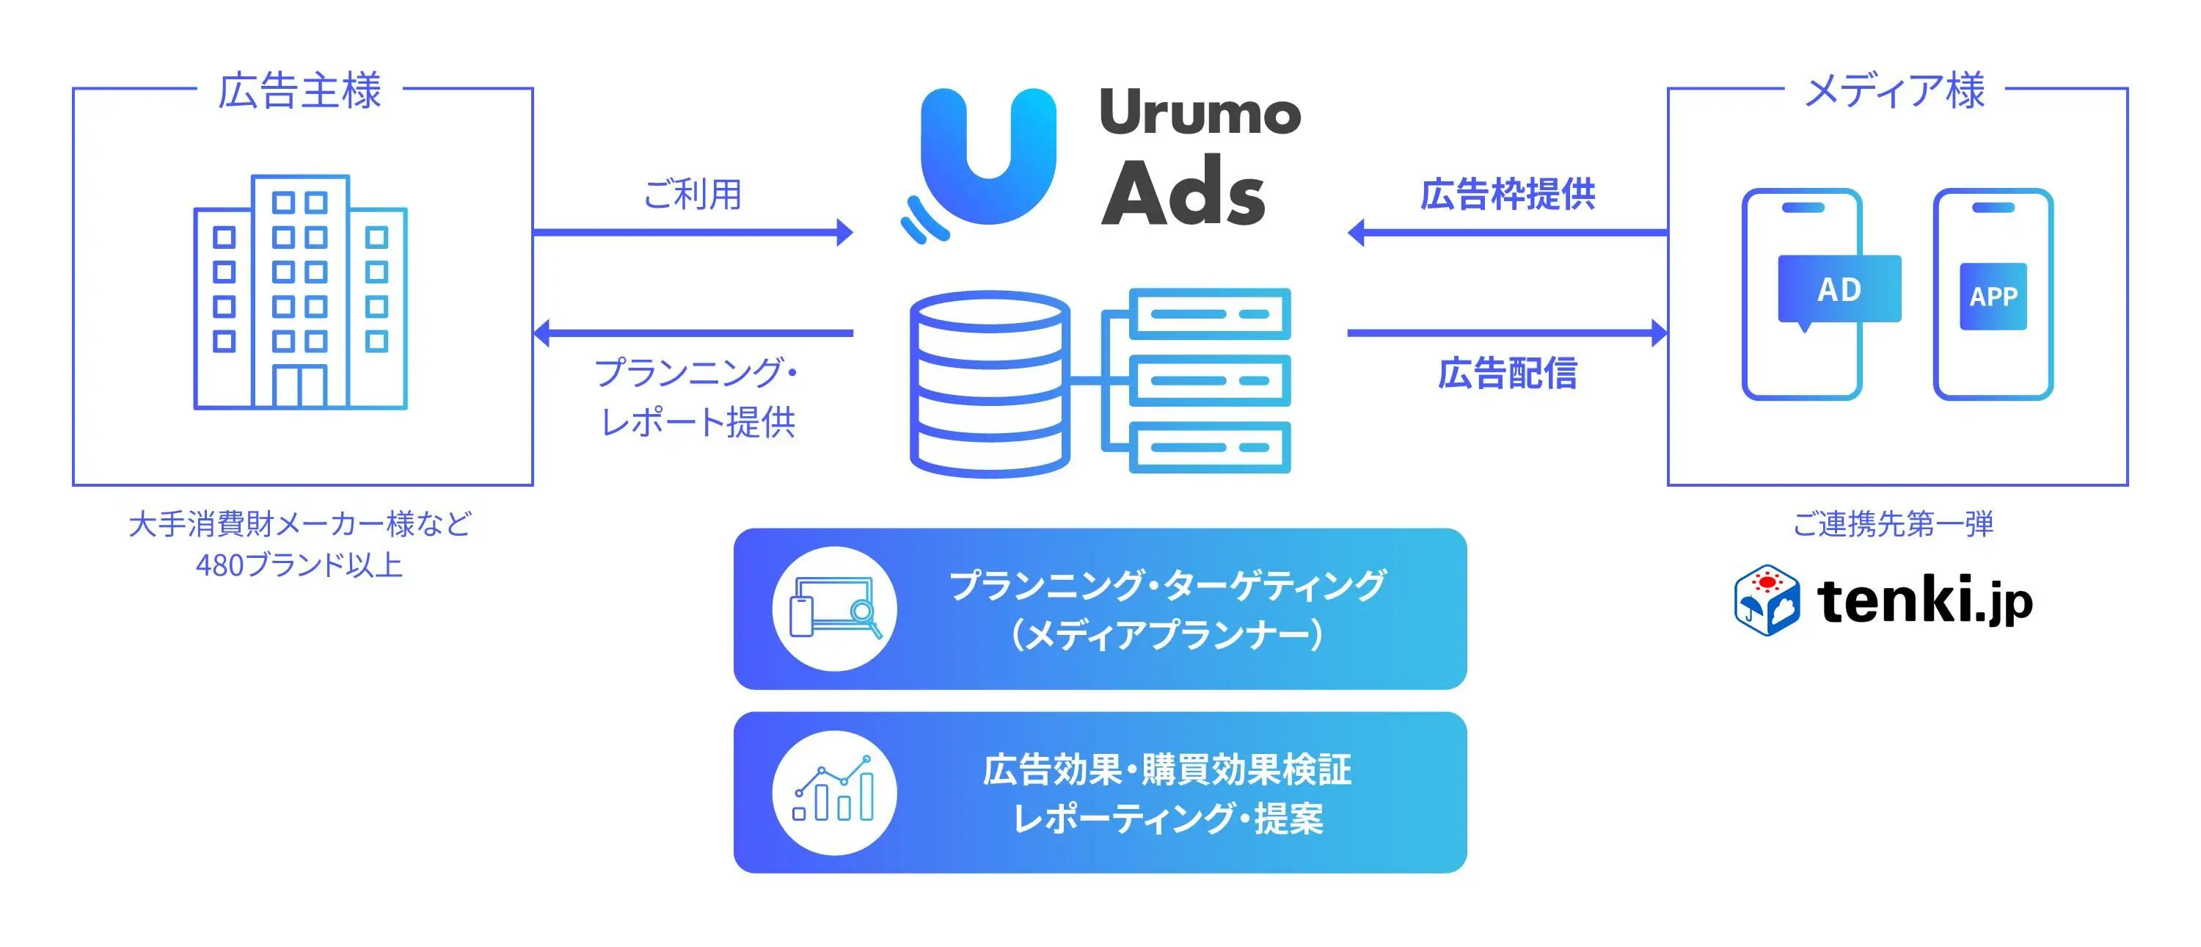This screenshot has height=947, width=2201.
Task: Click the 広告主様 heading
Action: pos(299,90)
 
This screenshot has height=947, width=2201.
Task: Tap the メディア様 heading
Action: pos(1894,90)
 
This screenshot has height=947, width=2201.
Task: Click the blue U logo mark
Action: pos(987,158)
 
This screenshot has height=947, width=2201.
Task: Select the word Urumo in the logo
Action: pos(1199,113)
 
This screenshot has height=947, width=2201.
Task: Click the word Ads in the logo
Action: pos(1183,192)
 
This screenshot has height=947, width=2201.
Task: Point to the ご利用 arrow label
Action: pos(691,194)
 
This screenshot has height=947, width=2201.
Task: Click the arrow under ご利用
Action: pos(692,232)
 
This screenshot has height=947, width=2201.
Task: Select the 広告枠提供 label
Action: pos(1507,195)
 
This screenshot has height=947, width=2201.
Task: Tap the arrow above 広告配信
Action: pos(1507,333)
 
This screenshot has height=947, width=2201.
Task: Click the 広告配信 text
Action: pos(1507,374)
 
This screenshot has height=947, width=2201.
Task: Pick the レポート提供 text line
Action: pos(697,422)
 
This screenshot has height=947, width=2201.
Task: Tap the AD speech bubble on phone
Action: pos(1839,290)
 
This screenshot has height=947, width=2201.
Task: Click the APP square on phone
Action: pos(1993,297)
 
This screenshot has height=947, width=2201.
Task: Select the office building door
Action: pos(300,386)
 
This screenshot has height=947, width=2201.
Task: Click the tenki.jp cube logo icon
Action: pos(1766,600)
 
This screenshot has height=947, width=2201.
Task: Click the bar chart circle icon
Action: pos(834,792)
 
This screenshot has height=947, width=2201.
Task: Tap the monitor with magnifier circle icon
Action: pos(834,609)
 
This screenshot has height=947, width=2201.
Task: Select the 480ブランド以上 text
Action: pos(299,565)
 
